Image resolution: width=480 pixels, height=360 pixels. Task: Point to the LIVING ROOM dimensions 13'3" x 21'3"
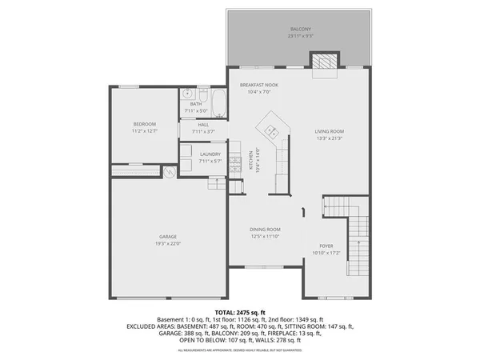point(329,138)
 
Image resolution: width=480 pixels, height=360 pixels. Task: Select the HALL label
point(203,125)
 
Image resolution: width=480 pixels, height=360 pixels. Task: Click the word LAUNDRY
point(210,154)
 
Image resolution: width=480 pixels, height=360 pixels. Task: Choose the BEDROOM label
point(144,124)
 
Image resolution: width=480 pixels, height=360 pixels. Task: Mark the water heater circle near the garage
point(169,171)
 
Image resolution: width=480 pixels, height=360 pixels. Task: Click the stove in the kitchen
point(235,165)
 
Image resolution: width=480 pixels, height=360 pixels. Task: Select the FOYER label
point(326,246)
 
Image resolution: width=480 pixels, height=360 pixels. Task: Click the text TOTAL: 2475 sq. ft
point(240,310)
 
